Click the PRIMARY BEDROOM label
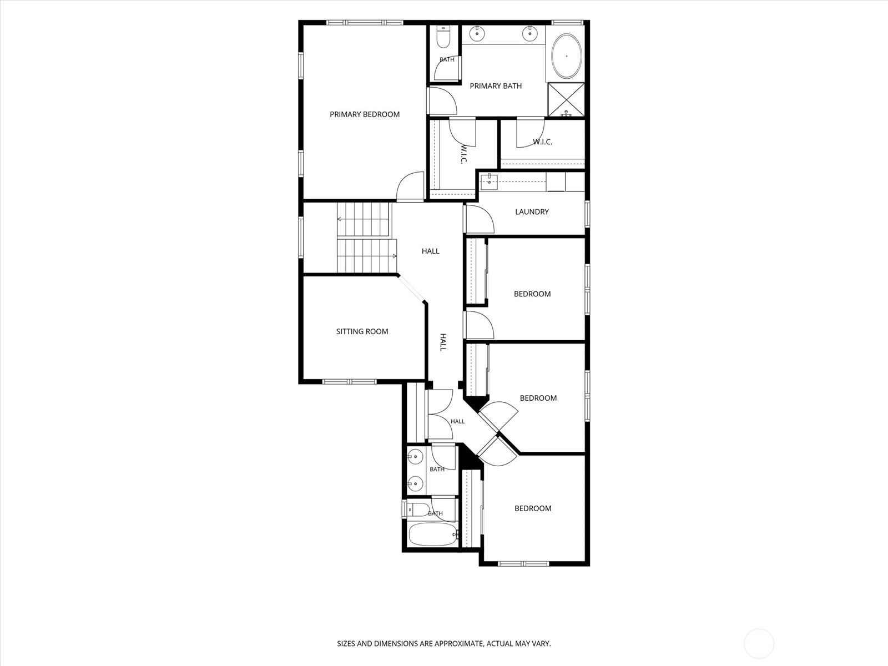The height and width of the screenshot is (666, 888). pyautogui.click(x=365, y=114)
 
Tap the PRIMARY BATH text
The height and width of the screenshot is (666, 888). pyautogui.click(x=496, y=85)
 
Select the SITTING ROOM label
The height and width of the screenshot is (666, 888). pyautogui.click(x=362, y=331)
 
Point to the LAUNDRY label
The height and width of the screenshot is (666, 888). pyautogui.click(x=532, y=212)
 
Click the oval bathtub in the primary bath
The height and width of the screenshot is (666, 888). pyautogui.click(x=567, y=56)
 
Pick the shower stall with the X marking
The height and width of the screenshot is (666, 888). pyautogui.click(x=566, y=99)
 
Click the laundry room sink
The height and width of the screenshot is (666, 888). pyautogui.click(x=490, y=182)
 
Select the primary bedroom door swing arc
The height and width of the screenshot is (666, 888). pyautogui.click(x=410, y=185)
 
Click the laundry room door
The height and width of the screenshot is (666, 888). pyautogui.click(x=480, y=219)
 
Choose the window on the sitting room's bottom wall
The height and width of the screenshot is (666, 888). pyautogui.click(x=350, y=381)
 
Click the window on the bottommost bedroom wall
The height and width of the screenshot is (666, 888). pyautogui.click(x=523, y=563)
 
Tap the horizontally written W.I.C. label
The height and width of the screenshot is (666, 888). pyautogui.click(x=542, y=142)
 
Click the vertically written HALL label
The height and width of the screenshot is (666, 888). pyautogui.click(x=443, y=342)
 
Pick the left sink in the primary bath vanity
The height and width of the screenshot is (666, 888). pyautogui.click(x=477, y=33)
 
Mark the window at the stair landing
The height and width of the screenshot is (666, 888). pyautogui.click(x=301, y=238)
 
